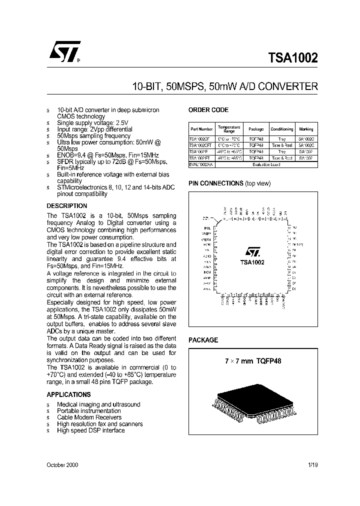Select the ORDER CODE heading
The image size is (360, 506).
(208, 110)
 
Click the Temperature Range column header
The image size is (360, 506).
(229, 128)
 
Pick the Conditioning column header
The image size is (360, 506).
(282, 129)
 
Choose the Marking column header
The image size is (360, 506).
(306, 129)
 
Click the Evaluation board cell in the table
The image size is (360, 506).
(267, 164)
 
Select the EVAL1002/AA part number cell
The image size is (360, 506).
(201, 164)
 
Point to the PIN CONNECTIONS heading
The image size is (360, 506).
(215, 183)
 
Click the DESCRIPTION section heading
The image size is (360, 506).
(66, 206)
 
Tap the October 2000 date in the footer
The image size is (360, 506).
(62, 465)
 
